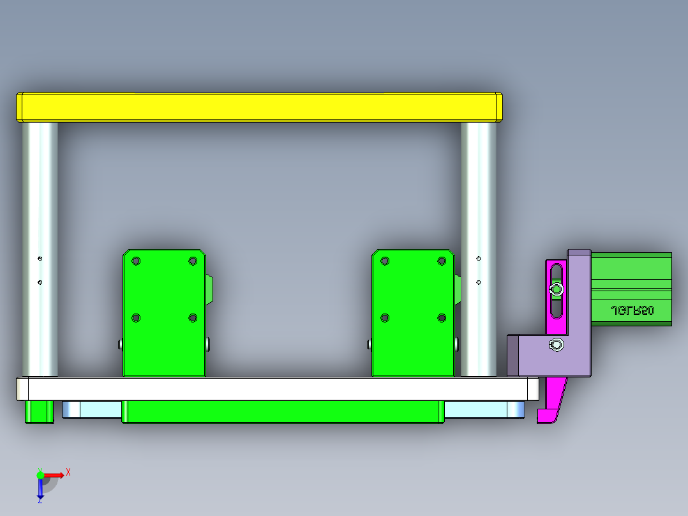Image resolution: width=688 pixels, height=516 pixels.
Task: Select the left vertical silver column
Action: click(40, 249)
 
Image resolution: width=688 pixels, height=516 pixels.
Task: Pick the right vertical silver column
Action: click(479, 249)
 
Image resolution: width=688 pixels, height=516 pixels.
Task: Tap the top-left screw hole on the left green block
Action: click(135, 261)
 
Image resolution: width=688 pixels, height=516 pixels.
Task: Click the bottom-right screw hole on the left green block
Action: click(193, 317)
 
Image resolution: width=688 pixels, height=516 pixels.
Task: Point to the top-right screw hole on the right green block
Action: click(442, 261)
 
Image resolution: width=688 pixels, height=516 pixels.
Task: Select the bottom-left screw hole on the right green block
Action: click(384, 317)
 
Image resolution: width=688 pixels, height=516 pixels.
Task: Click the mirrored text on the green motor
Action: click(632, 310)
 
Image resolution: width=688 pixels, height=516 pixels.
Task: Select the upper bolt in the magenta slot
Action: click(557, 290)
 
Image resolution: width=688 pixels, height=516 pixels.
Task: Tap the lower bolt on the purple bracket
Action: click(557, 345)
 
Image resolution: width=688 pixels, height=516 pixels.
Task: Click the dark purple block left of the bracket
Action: click(512, 354)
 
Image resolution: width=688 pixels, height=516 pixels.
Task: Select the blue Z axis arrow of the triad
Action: click(40, 489)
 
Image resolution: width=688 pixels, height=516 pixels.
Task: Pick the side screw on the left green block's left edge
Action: click(121, 344)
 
